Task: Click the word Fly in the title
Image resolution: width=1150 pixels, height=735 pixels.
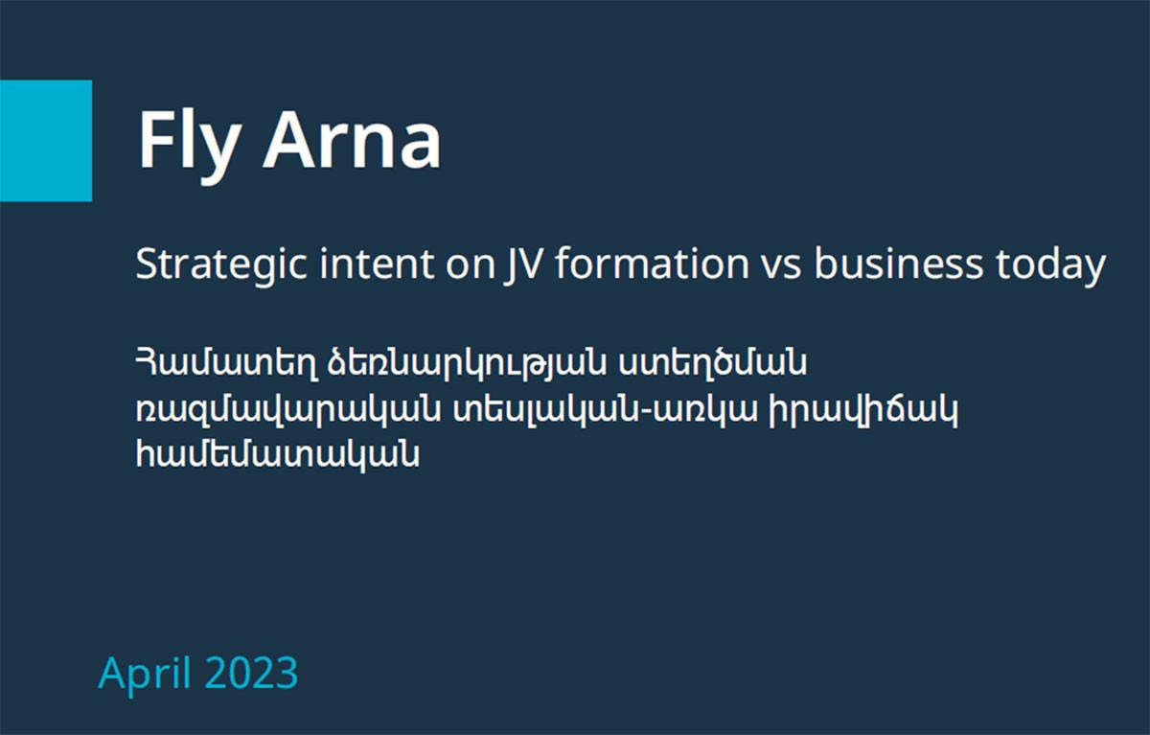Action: (189, 146)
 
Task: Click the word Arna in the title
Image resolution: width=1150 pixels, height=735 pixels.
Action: (353, 139)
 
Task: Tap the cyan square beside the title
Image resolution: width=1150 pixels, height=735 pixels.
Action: (46, 141)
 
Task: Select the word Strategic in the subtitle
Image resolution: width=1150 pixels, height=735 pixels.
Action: (221, 264)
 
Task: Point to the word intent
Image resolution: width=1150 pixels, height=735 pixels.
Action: (377, 264)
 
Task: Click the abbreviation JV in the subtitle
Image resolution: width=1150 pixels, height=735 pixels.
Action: (521, 265)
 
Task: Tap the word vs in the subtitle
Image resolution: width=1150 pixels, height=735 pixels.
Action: (781, 268)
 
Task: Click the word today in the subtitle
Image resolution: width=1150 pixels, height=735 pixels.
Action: (1051, 265)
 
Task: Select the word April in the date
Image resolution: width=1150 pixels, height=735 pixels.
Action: (145, 675)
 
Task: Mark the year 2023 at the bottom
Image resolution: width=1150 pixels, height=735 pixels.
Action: (251, 673)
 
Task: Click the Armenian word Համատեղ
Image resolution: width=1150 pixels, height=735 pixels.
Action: (226, 364)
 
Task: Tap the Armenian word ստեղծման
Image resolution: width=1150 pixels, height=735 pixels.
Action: (712, 363)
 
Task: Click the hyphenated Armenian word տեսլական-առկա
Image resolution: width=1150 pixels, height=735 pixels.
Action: (606, 410)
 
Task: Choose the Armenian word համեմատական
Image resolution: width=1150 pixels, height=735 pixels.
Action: (277, 455)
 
